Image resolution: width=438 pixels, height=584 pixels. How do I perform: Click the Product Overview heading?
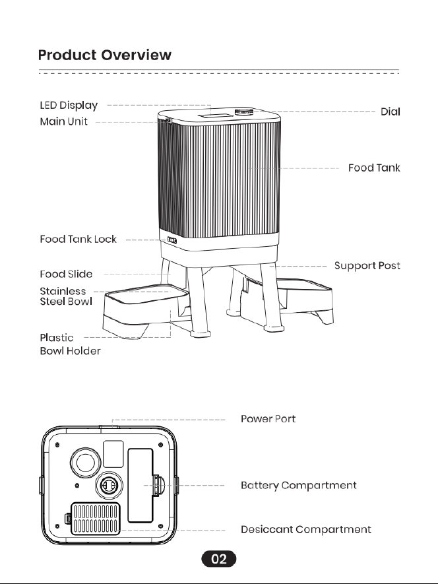point(105,55)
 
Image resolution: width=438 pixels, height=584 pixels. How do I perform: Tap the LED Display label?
point(69,106)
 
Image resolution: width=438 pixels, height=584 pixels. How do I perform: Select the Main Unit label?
point(64,121)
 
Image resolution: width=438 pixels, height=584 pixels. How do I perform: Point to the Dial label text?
point(391,112)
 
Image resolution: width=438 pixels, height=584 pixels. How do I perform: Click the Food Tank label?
point(374,168)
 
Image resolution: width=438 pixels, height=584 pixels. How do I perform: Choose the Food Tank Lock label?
point(78,239)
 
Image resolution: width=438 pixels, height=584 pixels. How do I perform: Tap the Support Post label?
point(367,265)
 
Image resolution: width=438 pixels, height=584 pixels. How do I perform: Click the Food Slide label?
point(67,274)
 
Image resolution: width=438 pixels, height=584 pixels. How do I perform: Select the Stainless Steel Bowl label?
point(66,296)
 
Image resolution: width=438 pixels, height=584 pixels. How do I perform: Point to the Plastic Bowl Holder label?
point(70,344)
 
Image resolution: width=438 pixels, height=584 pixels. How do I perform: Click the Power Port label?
point(268,418)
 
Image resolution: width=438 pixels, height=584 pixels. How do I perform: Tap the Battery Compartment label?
point(299,485)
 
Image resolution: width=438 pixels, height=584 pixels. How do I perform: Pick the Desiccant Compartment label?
point(306,529)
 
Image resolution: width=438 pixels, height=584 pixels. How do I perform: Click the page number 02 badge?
point(219,559)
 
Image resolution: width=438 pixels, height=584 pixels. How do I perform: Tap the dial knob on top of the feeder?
point(244,112)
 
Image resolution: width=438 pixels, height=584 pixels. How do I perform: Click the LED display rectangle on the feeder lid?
point(210,116)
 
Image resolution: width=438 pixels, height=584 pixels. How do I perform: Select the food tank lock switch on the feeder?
point(172,240)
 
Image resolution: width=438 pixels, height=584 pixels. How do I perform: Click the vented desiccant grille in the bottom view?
point(96,519)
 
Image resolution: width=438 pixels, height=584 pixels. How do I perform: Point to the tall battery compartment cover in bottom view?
point(141,486)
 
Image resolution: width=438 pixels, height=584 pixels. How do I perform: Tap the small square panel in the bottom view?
point(113,453)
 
